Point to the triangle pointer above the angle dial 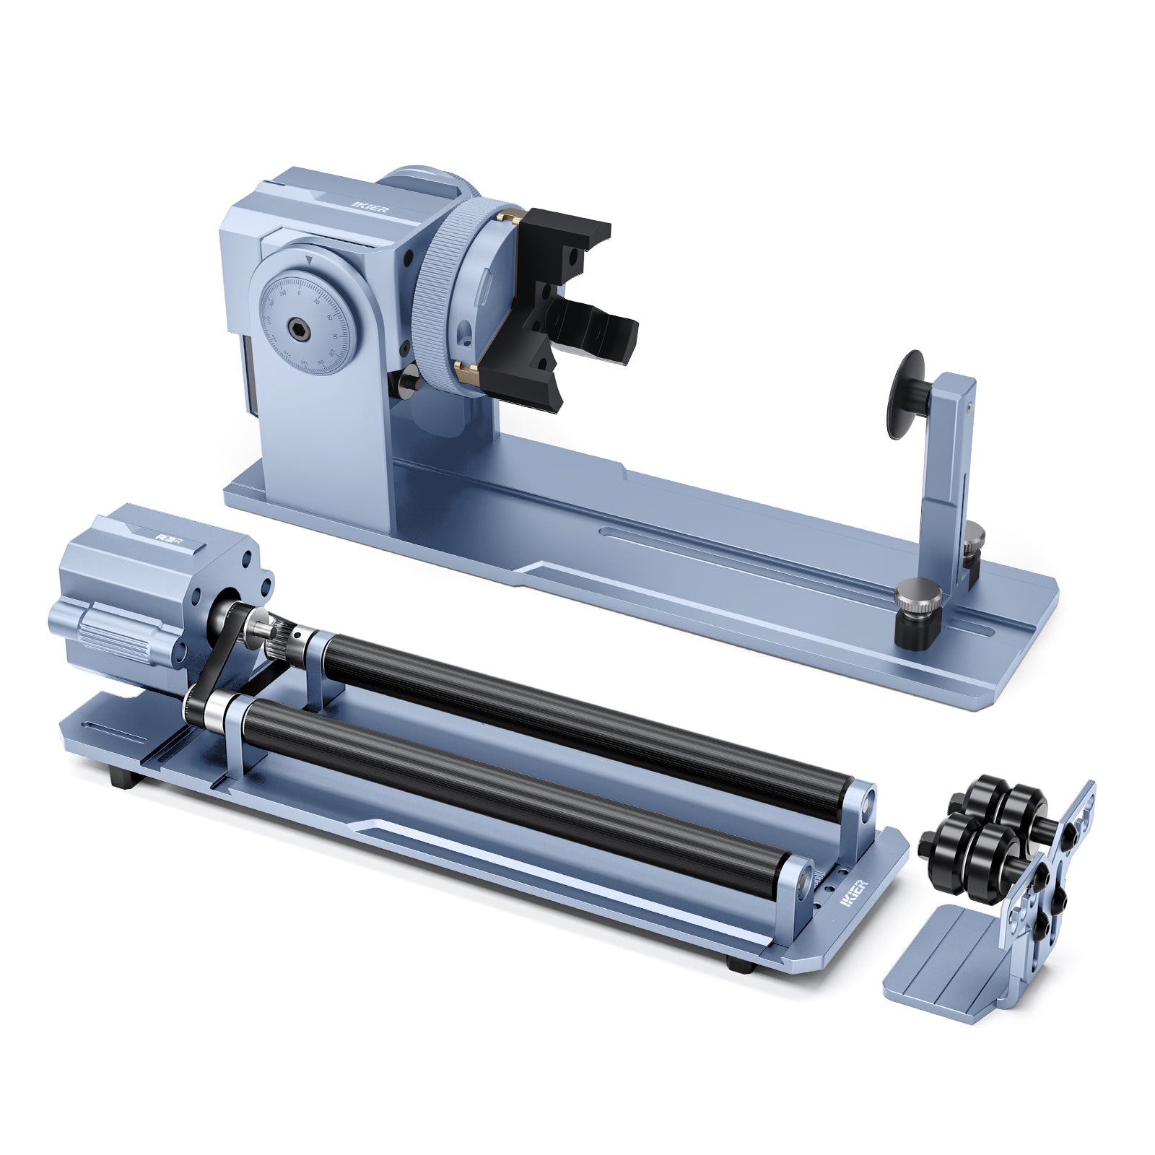[x=309, y=258]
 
